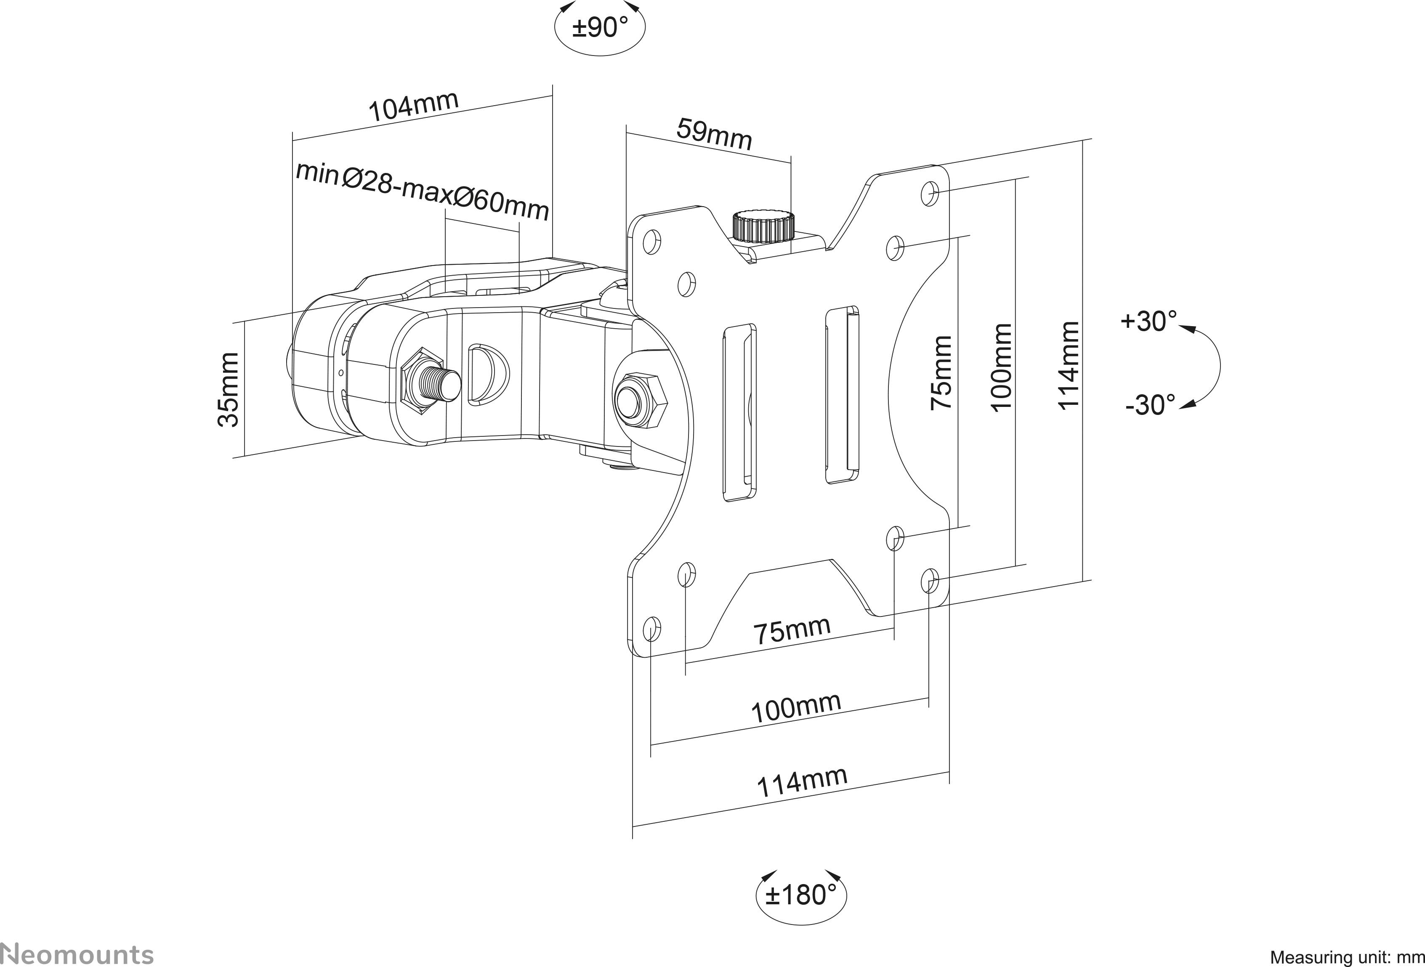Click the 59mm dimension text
pyautogui.click(x=714, y=135)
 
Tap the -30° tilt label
pyautogui.click(x=1150, y=405)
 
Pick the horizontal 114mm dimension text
pyautogui.click(x=802, y=782)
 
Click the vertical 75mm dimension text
pyautogui.click(x=941, y=372)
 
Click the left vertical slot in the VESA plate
pyautogui.click(x=739, y=413)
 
